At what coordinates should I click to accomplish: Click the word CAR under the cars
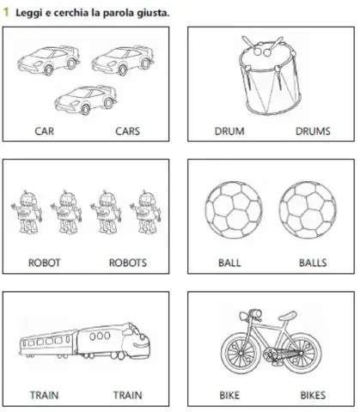[44, 132]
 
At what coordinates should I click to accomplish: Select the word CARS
[127, 132]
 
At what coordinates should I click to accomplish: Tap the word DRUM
[229, 132]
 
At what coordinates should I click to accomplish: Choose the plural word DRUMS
[312, 132]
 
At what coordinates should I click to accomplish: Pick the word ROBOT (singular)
[44, 264]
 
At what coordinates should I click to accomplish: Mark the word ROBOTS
[127, 264]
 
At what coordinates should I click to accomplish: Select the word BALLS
[312, 264]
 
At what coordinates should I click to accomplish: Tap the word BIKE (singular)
[229, 396]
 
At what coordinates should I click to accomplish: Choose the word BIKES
[312, 396]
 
